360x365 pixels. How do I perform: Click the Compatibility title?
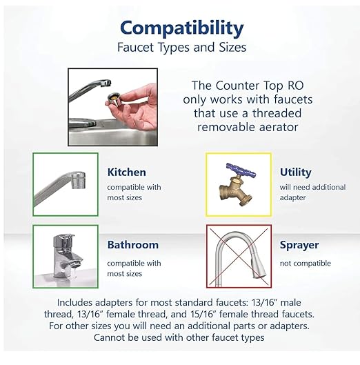point(181,28)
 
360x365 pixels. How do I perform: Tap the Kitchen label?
point(126,172)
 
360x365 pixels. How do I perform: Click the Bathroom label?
point(132,245)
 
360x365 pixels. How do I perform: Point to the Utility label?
point(295,172)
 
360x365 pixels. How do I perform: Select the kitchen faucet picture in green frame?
point(66,184)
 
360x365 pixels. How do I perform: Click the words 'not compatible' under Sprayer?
point(305,263)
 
